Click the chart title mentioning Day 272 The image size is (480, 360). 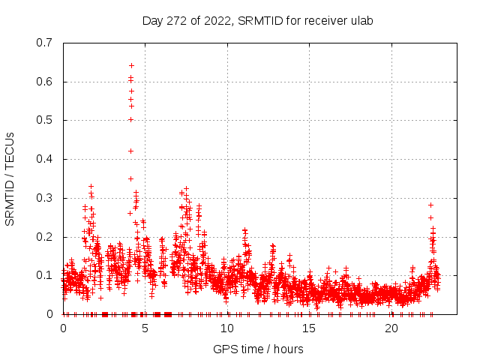click(257, 20)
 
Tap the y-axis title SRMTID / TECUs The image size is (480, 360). click(10, 179)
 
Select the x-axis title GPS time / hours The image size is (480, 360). click(258, 349)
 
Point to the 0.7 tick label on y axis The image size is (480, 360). click(44, 43)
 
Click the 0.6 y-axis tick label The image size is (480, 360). click(44, 82)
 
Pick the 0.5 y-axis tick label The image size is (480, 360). click(44, 120)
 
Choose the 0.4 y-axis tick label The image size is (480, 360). click(44, 159)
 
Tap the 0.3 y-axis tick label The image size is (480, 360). click(44, 198)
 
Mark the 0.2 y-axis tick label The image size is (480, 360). click(44, 237)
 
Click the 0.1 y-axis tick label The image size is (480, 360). click(44, 275)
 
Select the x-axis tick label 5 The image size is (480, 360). click(145, 328)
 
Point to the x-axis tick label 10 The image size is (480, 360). click(227, 328)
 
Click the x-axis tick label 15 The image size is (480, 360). click(309, 328)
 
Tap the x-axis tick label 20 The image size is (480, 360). click(391, 328)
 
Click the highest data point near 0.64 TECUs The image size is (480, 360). click(131, 65)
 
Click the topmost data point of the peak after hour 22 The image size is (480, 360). click(430, 205)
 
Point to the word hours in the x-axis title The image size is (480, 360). click(287, 349)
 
